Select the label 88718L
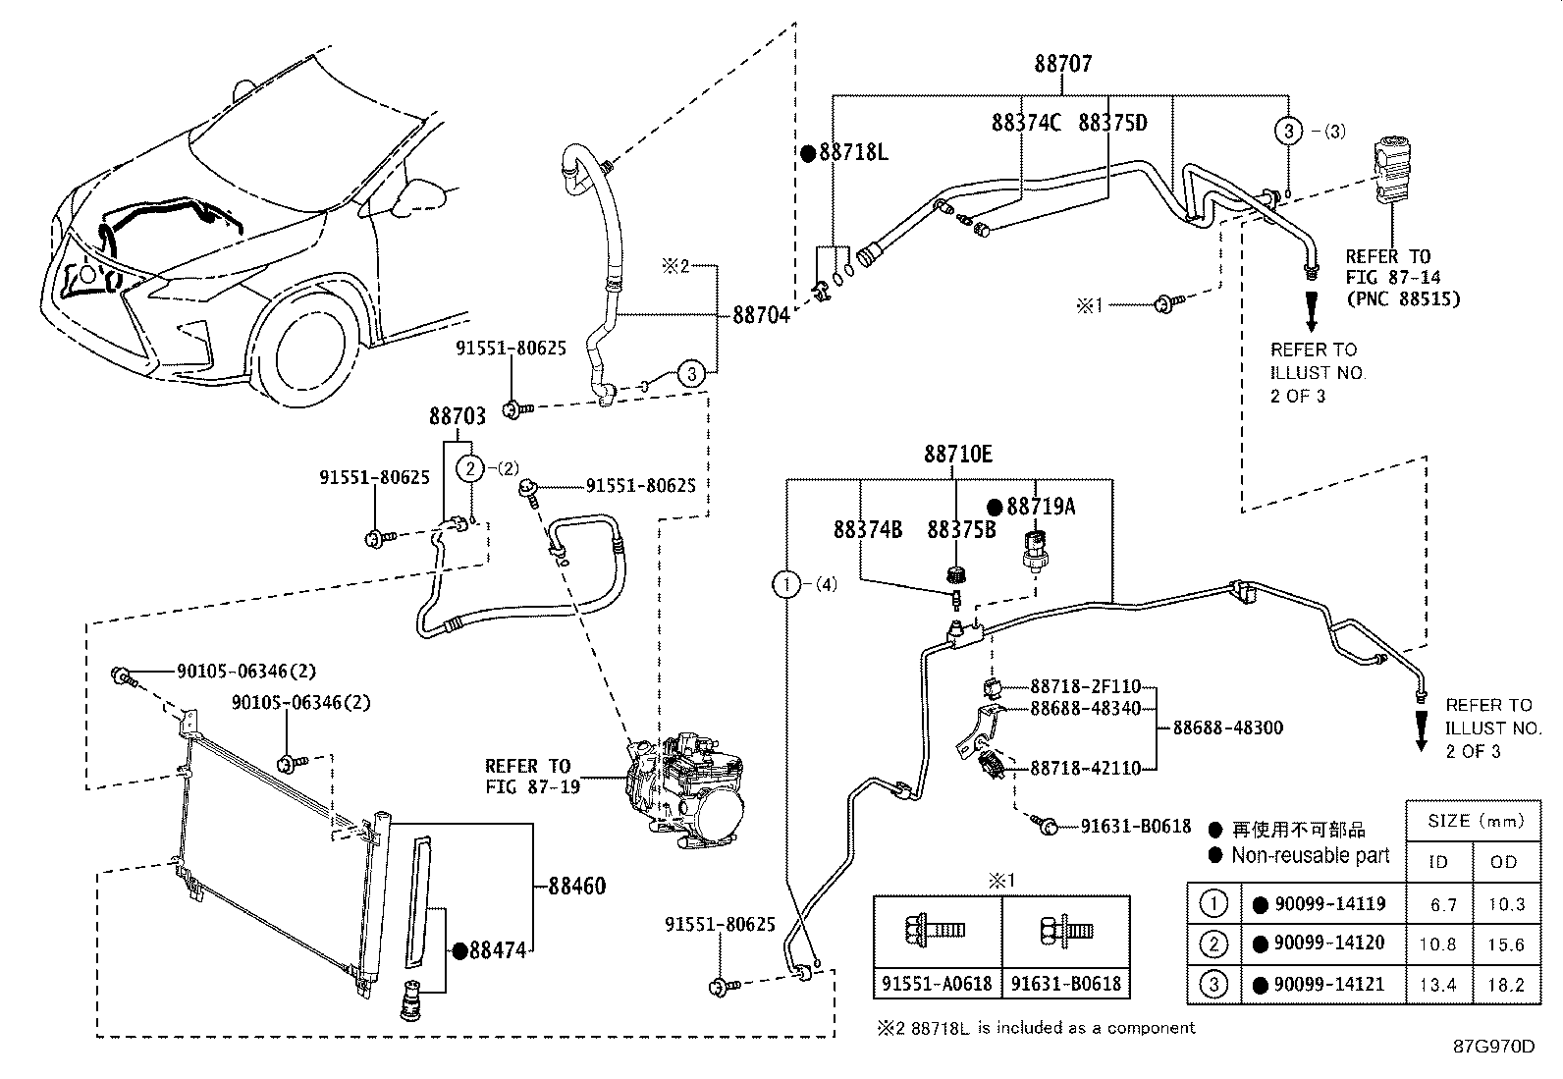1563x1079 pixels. [x=853, y=153]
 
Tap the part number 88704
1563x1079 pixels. [x=761, y=316]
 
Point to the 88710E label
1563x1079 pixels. [x=957, y=455]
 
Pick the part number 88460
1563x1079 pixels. [x=576, y=887]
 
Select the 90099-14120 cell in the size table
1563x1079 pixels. [x=1328, y=944]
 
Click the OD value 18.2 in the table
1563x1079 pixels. [x=1505, y=985]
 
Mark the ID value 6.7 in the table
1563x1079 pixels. [x=1443, y=904]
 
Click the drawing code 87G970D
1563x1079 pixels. [x=1493, y=1047]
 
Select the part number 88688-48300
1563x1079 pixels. [x=1227, y=728]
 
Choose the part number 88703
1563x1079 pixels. [x=457, y=416]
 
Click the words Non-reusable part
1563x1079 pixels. [x=1311, y=856]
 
